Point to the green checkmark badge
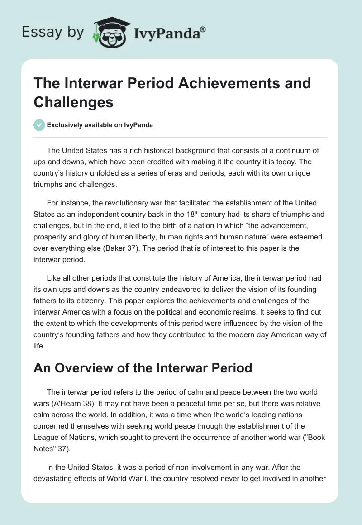pyautogui.click(x=39, y=125)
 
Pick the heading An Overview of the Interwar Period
pyautogui.click(x=143, y=367)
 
